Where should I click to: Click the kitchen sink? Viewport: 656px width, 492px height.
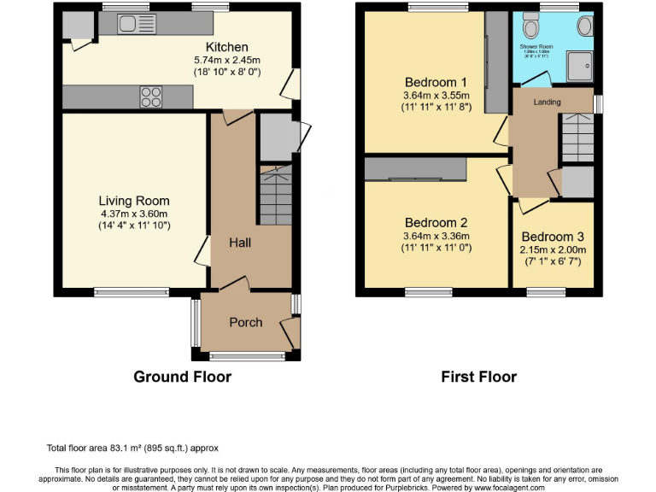pos(137,23)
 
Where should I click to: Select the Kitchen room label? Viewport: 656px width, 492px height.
pos(227,47)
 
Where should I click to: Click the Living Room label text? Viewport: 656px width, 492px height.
pos(134,201)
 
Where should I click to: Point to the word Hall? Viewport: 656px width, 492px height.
pos(239,243)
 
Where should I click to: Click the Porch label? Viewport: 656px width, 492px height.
pos(246,322)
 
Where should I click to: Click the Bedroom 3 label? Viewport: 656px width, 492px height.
pos(553,237)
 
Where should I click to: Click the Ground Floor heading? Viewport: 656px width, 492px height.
pos(182,377)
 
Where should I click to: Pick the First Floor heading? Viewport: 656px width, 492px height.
pos(478,377)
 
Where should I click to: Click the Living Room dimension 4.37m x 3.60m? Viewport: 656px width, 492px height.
pos(134,214)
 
